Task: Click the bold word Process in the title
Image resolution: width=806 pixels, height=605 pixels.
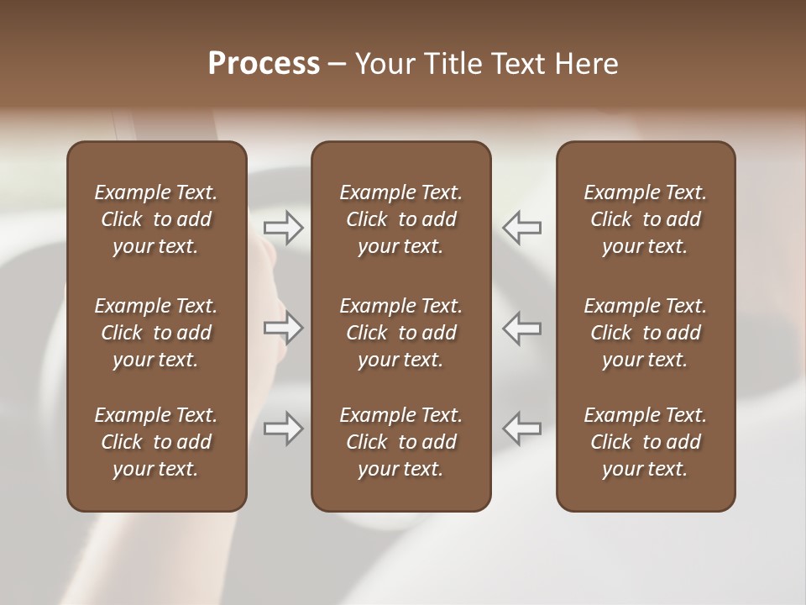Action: pyautogui.click(x=264, y=64)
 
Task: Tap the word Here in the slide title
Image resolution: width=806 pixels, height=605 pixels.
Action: pyautogui.click(x=587, y=64)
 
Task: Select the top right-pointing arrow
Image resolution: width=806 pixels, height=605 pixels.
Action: pyautogui.click(x=284, y=227)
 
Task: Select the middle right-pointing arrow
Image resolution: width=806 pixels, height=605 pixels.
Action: pyautogui.click(x=284, y=328)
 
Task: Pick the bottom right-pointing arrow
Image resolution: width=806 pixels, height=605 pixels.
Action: pyautogui.click(x=284, y=429)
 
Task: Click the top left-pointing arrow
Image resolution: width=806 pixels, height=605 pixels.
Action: pyautogui.click(x=522, y=227)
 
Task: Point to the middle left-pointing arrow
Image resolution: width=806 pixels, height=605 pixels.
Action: pyautogui.click(x=522, y=328)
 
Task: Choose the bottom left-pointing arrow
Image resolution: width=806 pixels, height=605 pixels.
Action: pyautogui.click(x=522, y=429)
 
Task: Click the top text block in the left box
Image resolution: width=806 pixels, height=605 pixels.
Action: pyautogui.click(x=156, y=219)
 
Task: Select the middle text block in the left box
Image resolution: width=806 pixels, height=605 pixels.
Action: pyautogui.click(x=156, y=333)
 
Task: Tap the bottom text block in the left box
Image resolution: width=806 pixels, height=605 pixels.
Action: pyautogui.click(x=156, y=442)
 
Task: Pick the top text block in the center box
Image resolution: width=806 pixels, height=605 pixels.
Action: pyautogui.click(x=400, y=219)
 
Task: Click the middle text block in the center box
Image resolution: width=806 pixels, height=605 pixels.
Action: pyautogui.click(x=400, y=333)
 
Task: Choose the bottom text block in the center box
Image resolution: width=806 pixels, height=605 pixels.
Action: pyautogui.click(x=400, y=442)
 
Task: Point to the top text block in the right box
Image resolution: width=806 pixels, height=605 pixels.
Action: pyautogui.click(x=645, y=219)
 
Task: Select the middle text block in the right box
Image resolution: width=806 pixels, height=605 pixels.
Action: pyautogui.click(x=645, y=333)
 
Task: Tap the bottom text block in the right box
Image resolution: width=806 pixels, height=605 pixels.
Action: pyautogui.click(x=645, y=442)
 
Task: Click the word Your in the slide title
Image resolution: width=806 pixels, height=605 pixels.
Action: pyautogui.click(x=382, y=64)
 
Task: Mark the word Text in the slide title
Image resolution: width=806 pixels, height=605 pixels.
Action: pyautogui.click(x=517, y=64)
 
